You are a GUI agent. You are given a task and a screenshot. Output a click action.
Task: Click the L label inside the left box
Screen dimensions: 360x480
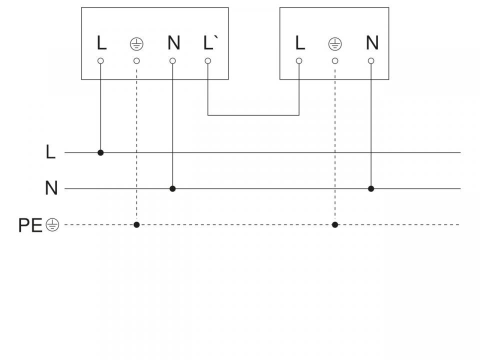[101, 43]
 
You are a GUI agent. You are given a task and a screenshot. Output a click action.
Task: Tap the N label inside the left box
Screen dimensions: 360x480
[173, 43]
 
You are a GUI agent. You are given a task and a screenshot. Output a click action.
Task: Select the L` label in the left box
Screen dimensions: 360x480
[209, 43]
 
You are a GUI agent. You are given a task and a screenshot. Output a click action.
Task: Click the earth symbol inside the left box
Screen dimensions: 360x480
[136, 44]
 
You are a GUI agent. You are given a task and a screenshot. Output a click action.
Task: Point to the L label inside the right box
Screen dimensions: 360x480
[300, 43]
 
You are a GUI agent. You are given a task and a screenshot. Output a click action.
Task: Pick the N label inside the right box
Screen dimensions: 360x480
[372, 43]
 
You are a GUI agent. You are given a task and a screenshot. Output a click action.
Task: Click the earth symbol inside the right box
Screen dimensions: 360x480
[334, 44]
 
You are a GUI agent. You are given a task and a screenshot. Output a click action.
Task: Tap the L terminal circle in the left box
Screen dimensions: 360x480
[100, 61]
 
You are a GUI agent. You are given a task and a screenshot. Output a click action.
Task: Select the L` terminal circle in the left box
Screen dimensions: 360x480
[208, 61]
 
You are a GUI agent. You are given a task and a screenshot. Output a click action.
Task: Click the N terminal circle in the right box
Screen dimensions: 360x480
[371, 61]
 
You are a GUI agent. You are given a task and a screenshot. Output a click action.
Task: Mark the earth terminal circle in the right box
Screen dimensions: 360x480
[335, 61]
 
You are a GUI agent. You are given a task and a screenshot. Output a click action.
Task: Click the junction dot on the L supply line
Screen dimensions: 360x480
[100, 152]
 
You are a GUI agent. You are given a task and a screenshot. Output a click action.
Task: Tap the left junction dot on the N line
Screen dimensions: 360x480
[172, 188]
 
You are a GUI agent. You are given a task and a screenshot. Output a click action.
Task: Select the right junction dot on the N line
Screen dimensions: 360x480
[371, 188]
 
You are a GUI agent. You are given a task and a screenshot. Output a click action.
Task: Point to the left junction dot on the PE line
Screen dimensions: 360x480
[136, 224]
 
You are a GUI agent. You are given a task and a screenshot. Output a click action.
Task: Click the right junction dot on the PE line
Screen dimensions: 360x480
[335, 224]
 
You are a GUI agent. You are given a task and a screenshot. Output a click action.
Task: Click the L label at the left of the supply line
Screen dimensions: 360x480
[50, 152]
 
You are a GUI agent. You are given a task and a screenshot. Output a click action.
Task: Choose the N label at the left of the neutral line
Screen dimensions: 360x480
[51, 188]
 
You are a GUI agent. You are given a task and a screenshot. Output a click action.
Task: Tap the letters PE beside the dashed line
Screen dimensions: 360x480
[30, 225]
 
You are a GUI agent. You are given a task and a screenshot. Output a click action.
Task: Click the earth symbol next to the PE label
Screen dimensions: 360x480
[52, 225]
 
